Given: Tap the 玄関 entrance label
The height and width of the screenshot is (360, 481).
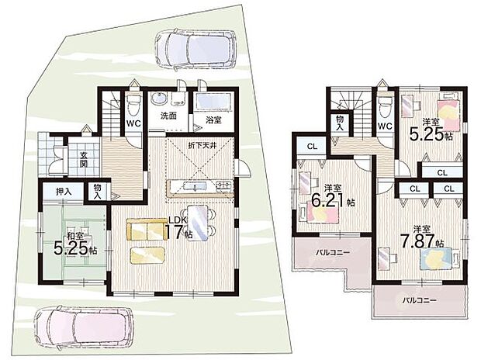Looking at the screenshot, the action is point(84,159).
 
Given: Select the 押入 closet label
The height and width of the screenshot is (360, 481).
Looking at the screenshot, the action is point(64,192).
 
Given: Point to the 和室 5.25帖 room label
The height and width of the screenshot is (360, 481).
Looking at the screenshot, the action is point(75,244).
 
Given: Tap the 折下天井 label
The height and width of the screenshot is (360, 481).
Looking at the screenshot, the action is point(202,145).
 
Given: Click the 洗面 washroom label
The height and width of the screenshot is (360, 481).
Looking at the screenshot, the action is point(168,116).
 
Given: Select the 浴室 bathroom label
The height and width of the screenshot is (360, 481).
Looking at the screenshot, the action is point(213,120).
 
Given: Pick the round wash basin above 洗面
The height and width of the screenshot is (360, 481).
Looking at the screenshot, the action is point(159,99).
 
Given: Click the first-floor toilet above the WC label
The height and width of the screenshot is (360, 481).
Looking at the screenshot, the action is point(133,104).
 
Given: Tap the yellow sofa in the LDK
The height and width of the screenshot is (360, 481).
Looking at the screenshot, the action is point(147,230).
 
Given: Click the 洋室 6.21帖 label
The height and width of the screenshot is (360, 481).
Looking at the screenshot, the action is point(333,197).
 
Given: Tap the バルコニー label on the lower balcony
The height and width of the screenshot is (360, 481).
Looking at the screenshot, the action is point(420,300).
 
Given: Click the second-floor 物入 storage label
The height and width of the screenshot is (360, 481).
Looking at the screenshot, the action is point(340,123).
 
